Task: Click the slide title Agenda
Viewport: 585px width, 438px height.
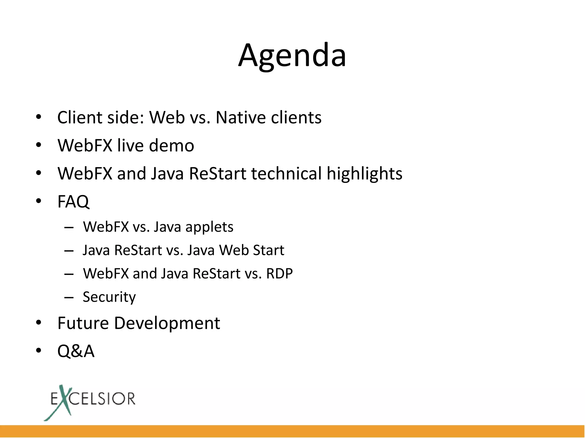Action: click(292, 56)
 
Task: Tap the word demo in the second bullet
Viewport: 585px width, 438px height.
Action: click(171, 145)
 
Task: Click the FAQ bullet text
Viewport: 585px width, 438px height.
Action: click(73, 201)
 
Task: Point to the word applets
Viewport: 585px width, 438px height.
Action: click(209, 227)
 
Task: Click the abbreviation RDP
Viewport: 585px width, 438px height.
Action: click(279, 273)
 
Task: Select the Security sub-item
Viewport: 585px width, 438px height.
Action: click(109, 297)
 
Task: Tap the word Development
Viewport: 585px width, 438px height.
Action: click(167, 323)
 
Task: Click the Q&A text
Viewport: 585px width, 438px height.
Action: click(76, 351)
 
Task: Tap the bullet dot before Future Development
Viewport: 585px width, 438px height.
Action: click(39, 323)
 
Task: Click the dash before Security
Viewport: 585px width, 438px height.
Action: click(69, 297)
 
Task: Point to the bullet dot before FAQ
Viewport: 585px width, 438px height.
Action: click(39, 201)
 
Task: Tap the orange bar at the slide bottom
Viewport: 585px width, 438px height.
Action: click(292, 431)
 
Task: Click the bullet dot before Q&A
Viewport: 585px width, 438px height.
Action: click(39, 351)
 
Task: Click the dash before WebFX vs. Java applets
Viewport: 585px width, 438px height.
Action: click(69, 228)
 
